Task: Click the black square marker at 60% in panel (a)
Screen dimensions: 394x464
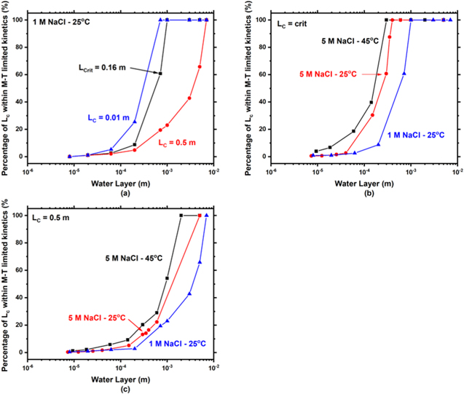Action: pos(160,74)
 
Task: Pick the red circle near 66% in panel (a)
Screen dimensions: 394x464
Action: pos(200,66)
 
